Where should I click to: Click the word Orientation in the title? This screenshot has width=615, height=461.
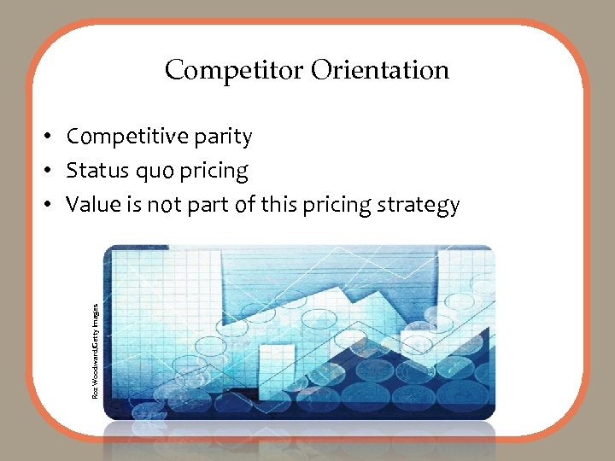380,70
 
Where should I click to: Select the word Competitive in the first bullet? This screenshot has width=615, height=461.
125,137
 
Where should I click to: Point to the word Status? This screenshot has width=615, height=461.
96,171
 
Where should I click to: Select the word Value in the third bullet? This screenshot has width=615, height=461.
91,205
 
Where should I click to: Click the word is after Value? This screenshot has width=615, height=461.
132,205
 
